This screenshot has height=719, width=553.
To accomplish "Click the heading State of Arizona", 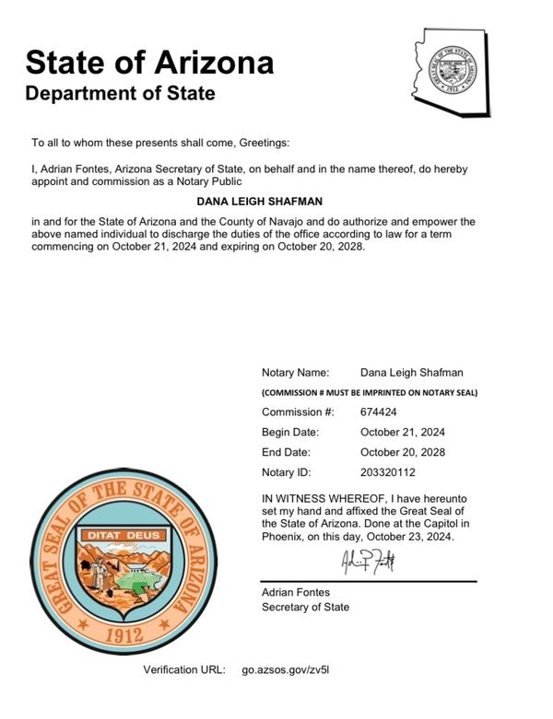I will (x=149, y=63).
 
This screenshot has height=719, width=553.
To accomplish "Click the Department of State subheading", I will (x=120, y=94).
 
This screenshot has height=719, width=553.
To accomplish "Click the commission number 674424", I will (x=379, y=412).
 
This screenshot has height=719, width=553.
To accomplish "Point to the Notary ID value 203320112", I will (x=388, y=472).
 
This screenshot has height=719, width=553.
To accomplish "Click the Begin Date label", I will (x=290, y=432).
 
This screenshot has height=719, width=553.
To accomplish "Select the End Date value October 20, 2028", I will (x=403, y=452).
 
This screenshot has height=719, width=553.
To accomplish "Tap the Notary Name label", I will (x=295, y=372).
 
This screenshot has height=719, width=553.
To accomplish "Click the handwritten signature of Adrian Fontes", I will (x=368, y=561).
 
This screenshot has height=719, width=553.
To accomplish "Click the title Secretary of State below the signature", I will (x=305, y=608).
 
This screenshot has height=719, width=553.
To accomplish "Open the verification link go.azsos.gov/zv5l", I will (x=285, y=670).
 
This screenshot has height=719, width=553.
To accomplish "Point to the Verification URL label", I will (x=183, y=670).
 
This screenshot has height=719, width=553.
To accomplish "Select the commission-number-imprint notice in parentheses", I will (x=369, y=393).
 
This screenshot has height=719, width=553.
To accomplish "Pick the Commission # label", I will (x=298, y=412).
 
